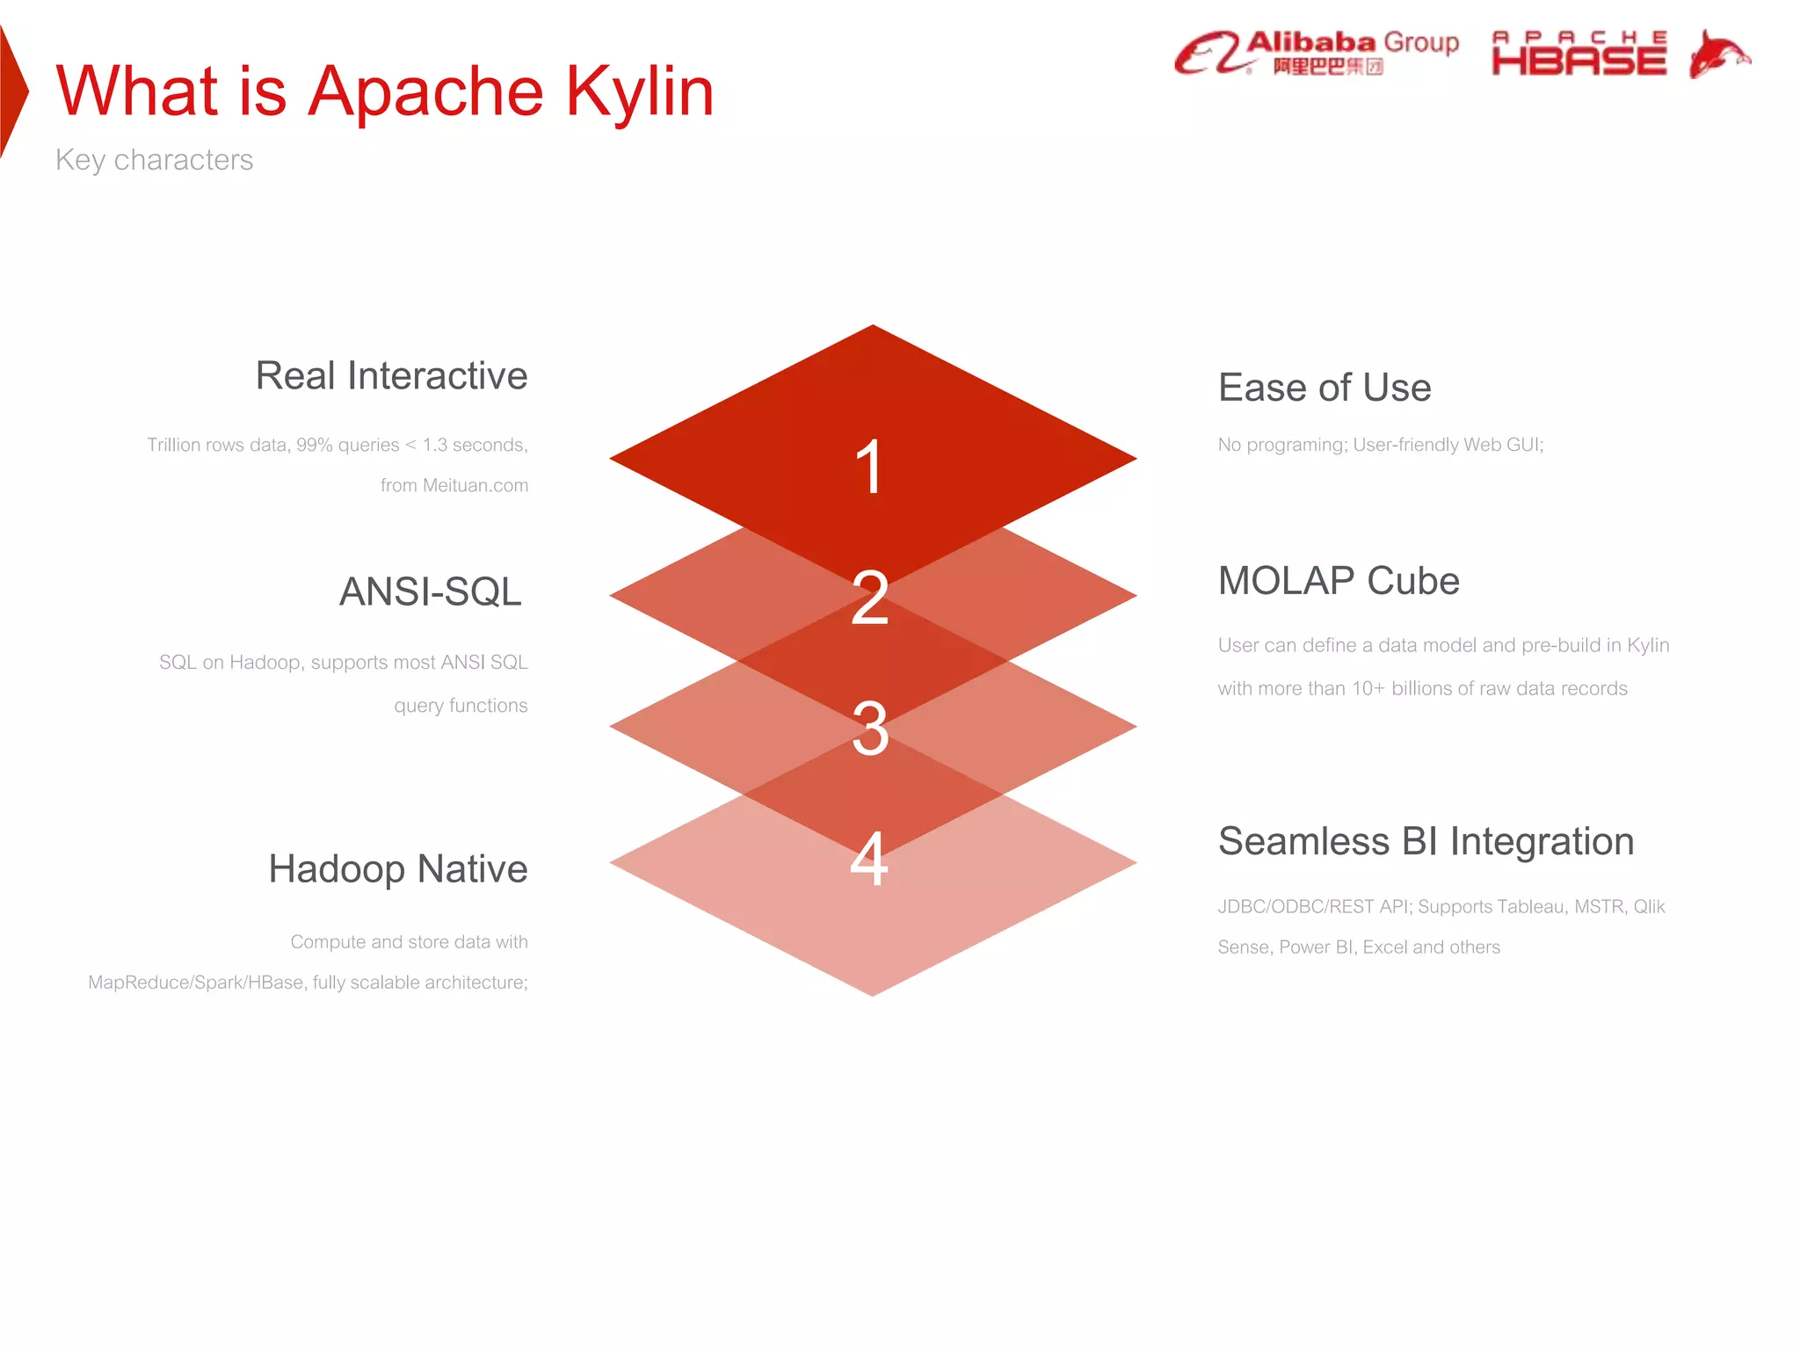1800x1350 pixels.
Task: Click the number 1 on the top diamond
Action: pos(869,467)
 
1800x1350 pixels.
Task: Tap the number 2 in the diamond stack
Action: pos(870,598)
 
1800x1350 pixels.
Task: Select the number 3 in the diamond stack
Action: pos(870,729)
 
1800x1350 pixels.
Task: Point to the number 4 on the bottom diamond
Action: pos(869,859)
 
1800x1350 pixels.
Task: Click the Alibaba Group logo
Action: pos(1317,53)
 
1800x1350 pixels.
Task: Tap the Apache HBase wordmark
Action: pos(1579,54)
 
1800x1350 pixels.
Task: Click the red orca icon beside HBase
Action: pos(1719,54)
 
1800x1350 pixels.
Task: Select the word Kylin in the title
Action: pos(639,91)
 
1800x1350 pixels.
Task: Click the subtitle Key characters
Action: pos(154,160)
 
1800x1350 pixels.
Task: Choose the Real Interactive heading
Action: pos(391,376)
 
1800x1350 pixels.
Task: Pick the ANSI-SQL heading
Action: pos(431,592)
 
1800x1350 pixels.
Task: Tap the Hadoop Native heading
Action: pos(397,869)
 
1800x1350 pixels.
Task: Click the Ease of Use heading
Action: pos(1325,388)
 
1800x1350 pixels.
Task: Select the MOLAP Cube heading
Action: pos(1339,581)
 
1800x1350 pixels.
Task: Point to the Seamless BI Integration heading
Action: pos(1426,841)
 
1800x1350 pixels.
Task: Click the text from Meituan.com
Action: pos(454,485)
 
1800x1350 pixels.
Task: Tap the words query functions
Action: pos(461,706)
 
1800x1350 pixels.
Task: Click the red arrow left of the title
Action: pos(13,91)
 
